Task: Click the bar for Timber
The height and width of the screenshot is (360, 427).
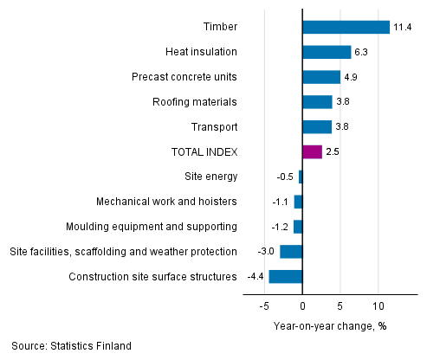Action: click(x=346, y=27)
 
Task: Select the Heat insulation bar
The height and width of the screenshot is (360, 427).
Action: click(x=327, y=52)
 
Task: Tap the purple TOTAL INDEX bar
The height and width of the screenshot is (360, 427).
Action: click(x=312, y=151)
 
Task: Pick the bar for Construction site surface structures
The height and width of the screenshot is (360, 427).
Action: click(x=286, y=277)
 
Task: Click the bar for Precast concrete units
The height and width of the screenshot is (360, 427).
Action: click(x=321, y=77)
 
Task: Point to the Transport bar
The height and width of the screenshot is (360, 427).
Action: click(x=317, y=127)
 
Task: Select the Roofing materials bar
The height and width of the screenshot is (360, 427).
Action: click(x=317, y=102)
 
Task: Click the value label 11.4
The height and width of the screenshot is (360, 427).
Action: click(x=402, y=27)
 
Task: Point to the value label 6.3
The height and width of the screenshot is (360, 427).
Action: click(x=361, y=52)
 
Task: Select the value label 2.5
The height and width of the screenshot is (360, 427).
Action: click(x=333, y=151)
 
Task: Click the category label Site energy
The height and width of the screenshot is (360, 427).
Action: click(x=210, y=177)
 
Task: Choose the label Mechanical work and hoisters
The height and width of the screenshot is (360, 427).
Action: click(x=167, y=202)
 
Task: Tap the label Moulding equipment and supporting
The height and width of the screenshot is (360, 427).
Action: click(x=152, y=227)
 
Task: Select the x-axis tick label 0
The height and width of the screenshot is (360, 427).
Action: click(x=302, y=306)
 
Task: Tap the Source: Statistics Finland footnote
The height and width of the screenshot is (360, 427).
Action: click(x=72, y=346)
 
